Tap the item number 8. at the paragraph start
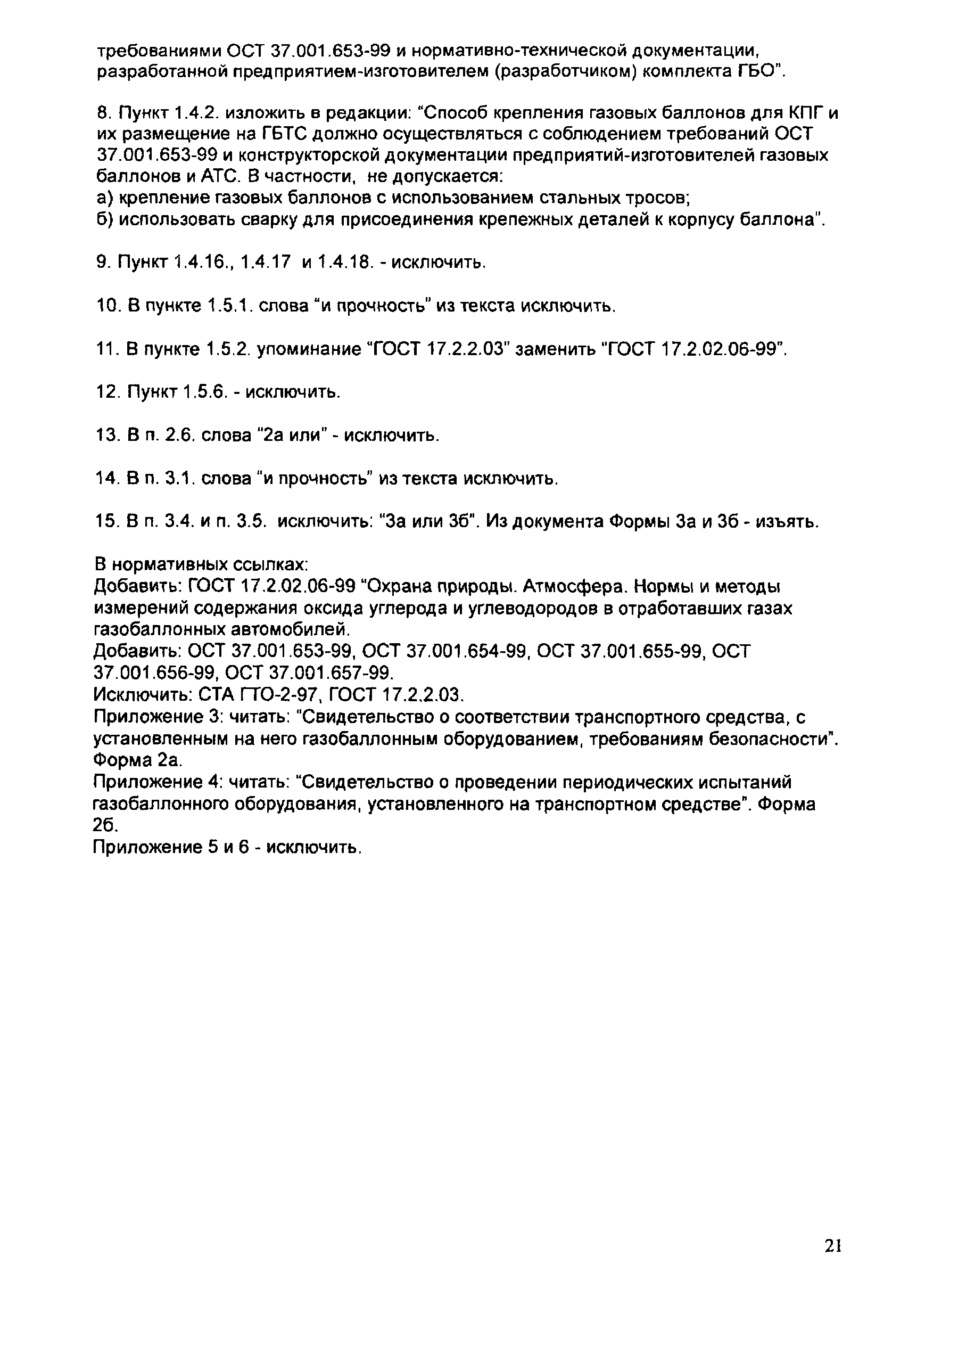[103, 113]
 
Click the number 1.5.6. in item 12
[205, 392]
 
